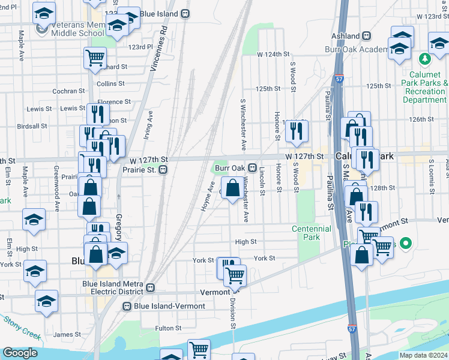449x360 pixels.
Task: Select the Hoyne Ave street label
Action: point(207,198)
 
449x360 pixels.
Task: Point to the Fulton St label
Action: point(168,328)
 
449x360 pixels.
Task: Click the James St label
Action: point(67,334)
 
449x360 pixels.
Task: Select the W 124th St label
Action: point(270,55)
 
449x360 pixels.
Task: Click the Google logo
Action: point(20,353)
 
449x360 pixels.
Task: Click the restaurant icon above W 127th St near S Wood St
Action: point(297,132)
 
